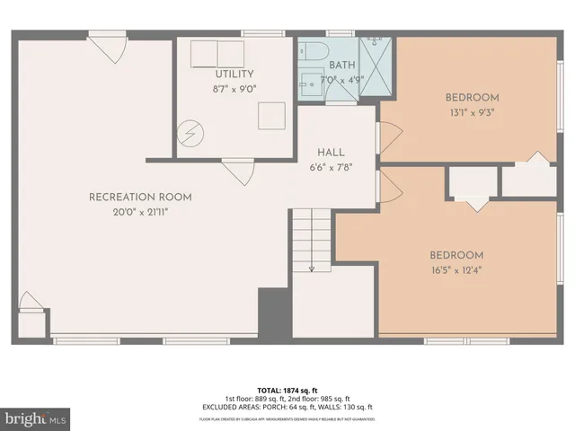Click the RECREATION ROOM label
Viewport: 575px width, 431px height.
[x=139, y=197]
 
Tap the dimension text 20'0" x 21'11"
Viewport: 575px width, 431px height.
[x=139, y=211]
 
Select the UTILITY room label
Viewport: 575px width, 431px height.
[x=234, y=74]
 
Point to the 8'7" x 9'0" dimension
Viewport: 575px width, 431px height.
[x=234, y=88]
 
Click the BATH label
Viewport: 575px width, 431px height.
[x=342, y=66]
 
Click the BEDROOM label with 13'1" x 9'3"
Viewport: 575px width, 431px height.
[x=472, y=97]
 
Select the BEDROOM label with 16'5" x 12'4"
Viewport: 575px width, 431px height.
[x=456, y=254]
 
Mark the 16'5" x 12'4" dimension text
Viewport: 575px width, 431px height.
[x=456, y=268]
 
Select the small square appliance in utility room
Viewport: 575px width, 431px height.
[x=271, y=114]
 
